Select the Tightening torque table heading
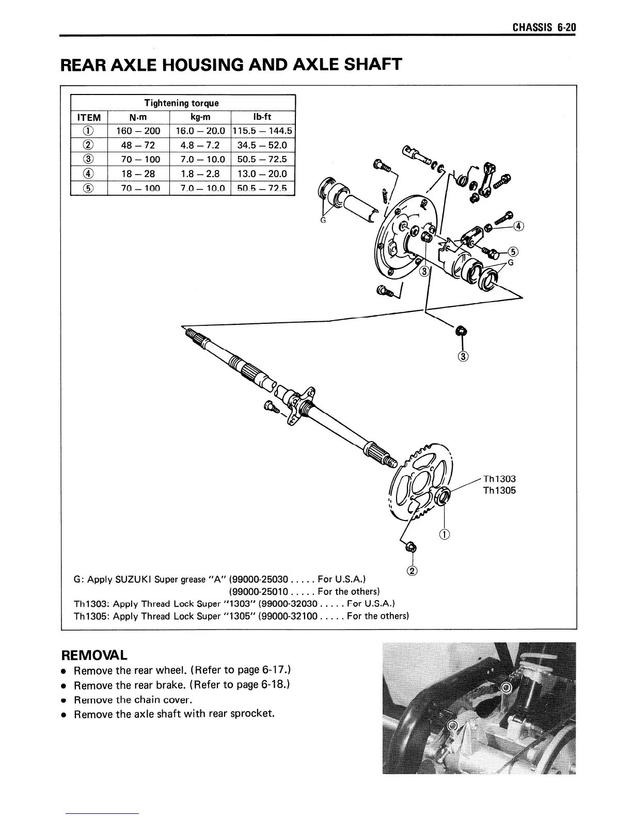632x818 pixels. (181, 103)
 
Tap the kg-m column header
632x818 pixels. (199, 117)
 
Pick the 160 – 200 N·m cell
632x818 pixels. (138, 131)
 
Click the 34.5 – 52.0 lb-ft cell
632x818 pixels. (262, 146)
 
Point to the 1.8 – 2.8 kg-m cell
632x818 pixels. (199, 174)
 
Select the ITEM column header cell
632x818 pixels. (88, 118)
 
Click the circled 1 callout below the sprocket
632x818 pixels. (444, 535)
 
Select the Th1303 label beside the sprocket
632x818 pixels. (499, 479)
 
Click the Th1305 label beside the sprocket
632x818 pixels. (499, 490)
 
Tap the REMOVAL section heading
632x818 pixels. (94, 655)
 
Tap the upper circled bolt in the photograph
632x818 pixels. (506, 687)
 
